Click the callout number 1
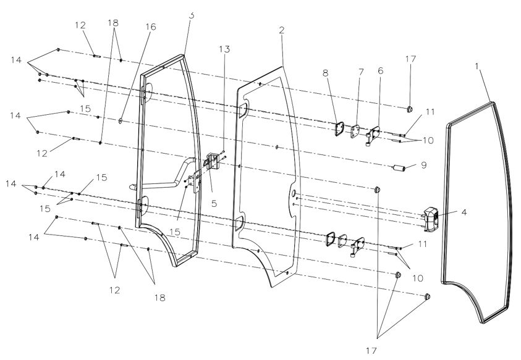477,65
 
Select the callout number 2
282,30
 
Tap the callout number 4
464,212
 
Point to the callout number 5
214,203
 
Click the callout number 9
423,165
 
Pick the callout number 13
224,49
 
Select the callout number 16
151,27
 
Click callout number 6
381,70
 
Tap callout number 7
361,72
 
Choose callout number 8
325,73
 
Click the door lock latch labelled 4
431,218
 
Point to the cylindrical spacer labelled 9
399,169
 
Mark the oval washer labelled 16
121,121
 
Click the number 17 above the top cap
411,59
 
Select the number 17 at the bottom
371,350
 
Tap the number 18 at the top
113,23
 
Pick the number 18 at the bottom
160,298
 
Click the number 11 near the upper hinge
430,112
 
